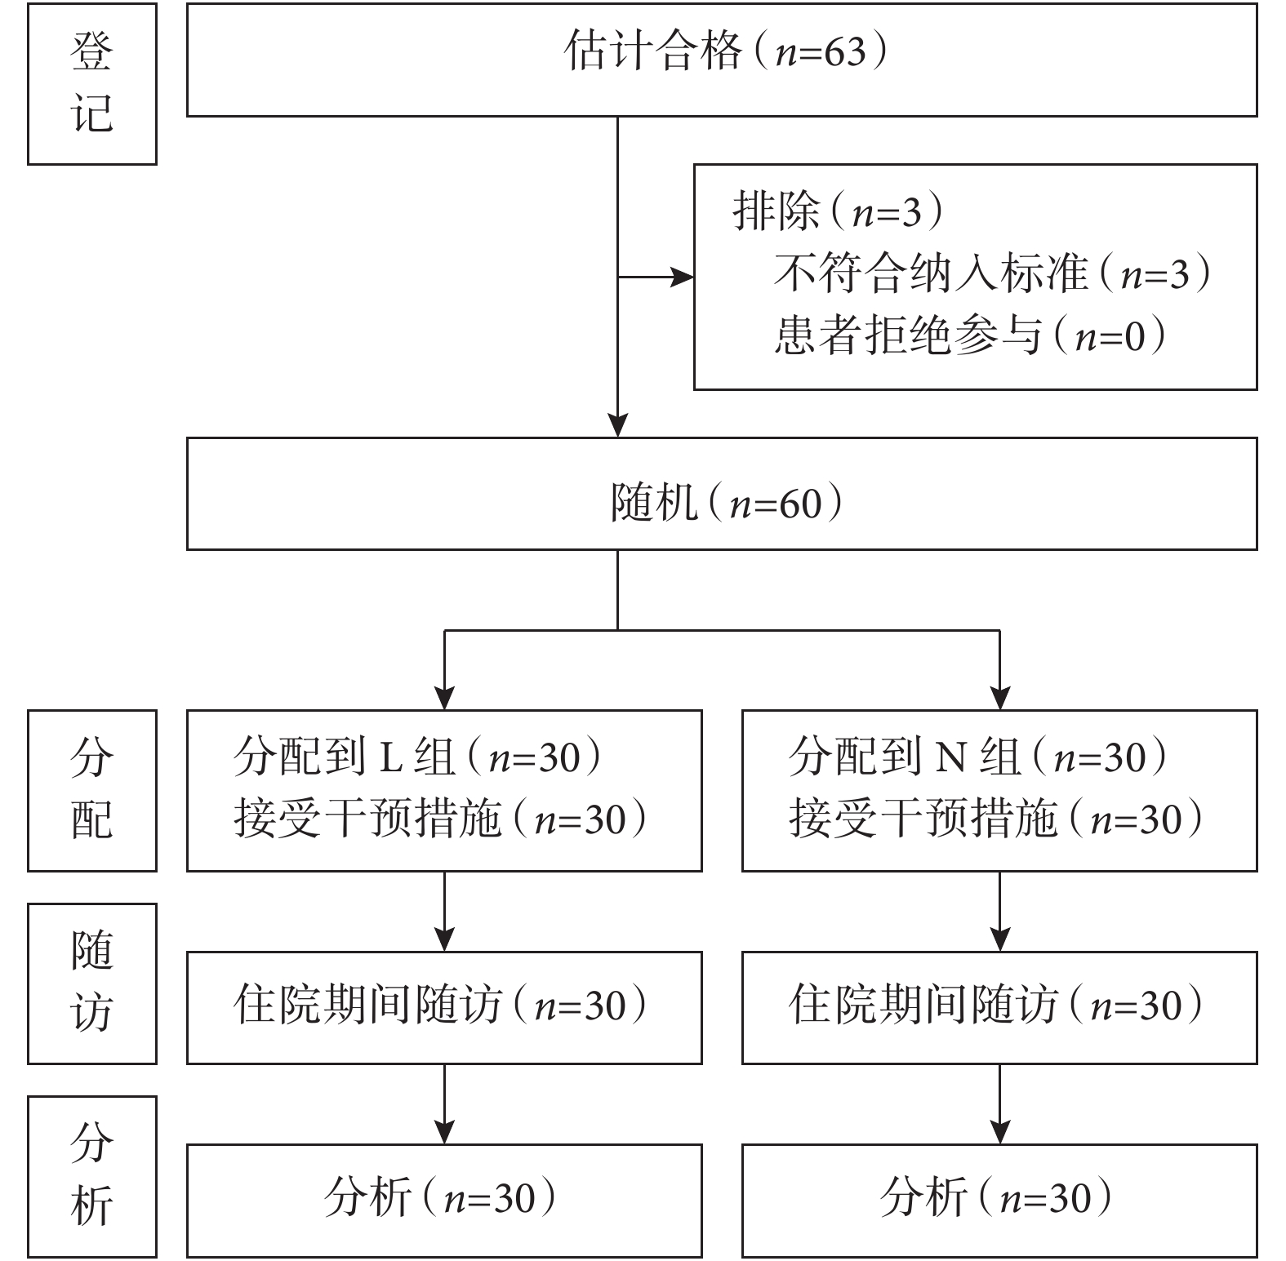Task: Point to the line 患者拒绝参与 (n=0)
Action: (970, 335)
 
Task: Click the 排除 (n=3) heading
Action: (839, 212)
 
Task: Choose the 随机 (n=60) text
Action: (727, 503)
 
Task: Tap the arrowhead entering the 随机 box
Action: (617, 425)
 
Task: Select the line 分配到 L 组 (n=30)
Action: (418, 757)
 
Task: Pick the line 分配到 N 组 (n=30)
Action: (978, 757)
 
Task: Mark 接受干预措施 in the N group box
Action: (923, 819)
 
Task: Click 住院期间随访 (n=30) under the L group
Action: (441, 1005)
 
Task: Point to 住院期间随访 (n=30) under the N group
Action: (997, 1005)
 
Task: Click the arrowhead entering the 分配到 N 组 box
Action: (999, 698)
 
